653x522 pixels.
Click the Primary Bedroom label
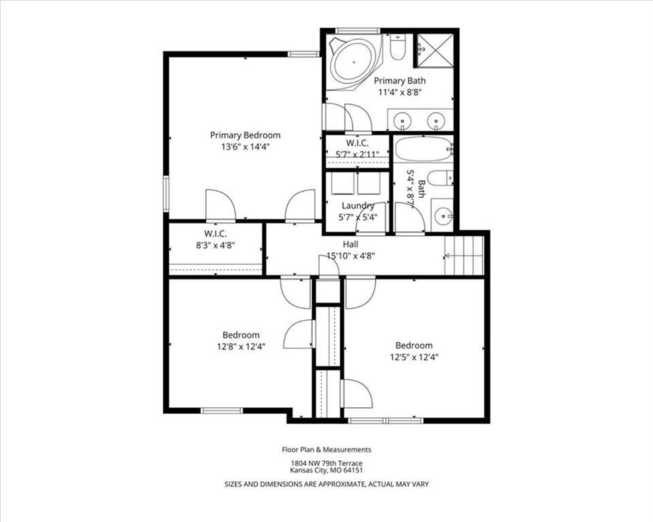coord(245,135)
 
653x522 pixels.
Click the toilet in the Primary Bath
coord(397,48)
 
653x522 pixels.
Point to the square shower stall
coord(435,50)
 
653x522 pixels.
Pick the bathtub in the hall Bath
coord(424,149)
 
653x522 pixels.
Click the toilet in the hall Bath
coord(441,179)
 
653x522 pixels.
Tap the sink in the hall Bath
coord(442,215)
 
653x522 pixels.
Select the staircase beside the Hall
coord(464,256)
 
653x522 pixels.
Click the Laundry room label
coord(358,206)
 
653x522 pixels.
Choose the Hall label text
coord(350,244)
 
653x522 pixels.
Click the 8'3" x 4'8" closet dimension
coord(216,245)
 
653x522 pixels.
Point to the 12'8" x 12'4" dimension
coord(241,347)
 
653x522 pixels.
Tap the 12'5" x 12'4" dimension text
coord(414,357)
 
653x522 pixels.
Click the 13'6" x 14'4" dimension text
coord(246,147)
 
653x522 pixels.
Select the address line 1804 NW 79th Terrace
coord(326,464)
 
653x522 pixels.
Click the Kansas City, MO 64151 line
coord(326,470)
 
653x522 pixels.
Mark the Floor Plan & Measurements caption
coord(326,449)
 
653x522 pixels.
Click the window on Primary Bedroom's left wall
coord(166,194)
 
